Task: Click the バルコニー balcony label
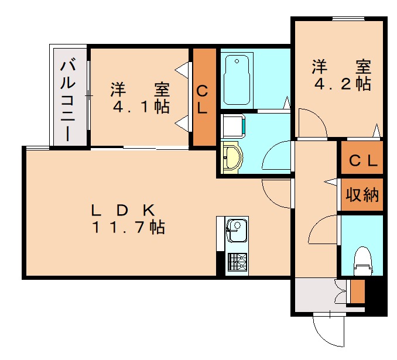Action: (x=69, y=98)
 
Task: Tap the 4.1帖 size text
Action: (x=141, y=108)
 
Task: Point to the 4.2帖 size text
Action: (x=342, y=84)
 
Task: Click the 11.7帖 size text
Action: (x=128, y=228)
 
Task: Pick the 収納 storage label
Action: (x=361, y=195)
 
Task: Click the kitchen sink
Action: (x=237, y=230)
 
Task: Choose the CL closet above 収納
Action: (x=362, y=160)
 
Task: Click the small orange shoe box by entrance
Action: (x=357, y=291)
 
